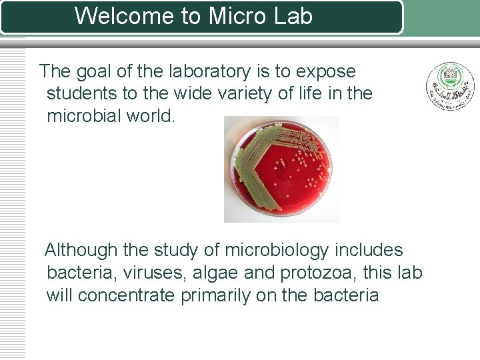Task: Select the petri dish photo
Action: click(281, 169)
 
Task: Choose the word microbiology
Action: click(276, 251)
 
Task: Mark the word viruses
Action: click(158, 273)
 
